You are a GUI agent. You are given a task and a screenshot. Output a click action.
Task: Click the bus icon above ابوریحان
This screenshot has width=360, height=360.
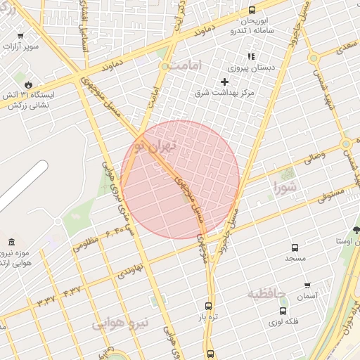pyautogui.click(x=252, y=11)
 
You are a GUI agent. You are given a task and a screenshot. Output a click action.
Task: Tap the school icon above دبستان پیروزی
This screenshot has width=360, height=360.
pyautogui.click(x=250, y=57)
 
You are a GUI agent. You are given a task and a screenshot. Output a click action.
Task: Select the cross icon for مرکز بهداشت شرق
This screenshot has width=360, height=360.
pyautogui.click(x=225, y=82)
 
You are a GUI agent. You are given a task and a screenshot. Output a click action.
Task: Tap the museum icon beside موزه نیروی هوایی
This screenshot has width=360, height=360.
pyautogui.click(x=11, y=243)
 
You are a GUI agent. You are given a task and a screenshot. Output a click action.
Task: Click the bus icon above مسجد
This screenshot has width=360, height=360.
pyautogui.click(x=295, y=247)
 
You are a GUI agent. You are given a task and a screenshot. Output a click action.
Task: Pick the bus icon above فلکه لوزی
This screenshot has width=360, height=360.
pyautogui.click(x=283, y=311)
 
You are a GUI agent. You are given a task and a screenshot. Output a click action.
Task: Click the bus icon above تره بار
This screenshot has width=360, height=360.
pyautogui.click(x=208, y=306)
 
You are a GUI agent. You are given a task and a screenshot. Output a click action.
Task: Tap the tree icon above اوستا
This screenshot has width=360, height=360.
pyautogui.click(x=356, y=230)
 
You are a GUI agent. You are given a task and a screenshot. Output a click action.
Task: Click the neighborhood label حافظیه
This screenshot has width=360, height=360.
pyautogui.click(x=267, y=293)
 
